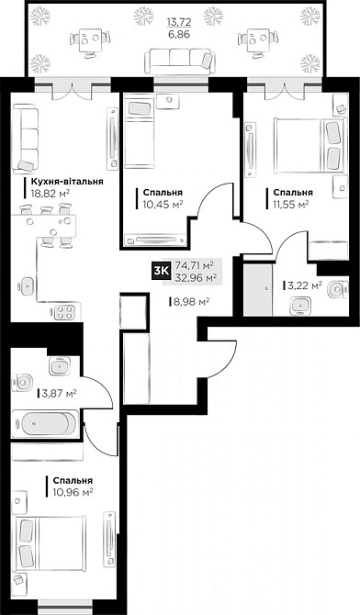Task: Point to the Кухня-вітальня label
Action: [x=62, y=183]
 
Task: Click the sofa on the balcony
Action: [x=179, y=59]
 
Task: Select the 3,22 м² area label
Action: [x=303, y=285]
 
